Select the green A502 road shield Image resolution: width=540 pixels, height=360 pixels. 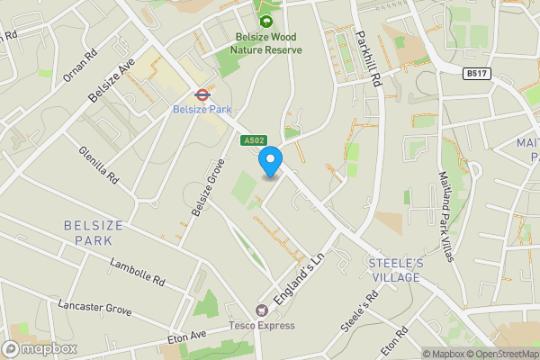point(253,140)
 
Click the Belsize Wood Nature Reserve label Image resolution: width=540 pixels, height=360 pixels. point(265,43)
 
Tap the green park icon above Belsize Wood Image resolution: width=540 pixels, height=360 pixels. point(265,20)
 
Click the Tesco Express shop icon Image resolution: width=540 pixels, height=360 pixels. point(263,310)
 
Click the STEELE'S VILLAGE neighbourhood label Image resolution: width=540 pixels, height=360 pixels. point(394,270)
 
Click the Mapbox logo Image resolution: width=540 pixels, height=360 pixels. point(40,348)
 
